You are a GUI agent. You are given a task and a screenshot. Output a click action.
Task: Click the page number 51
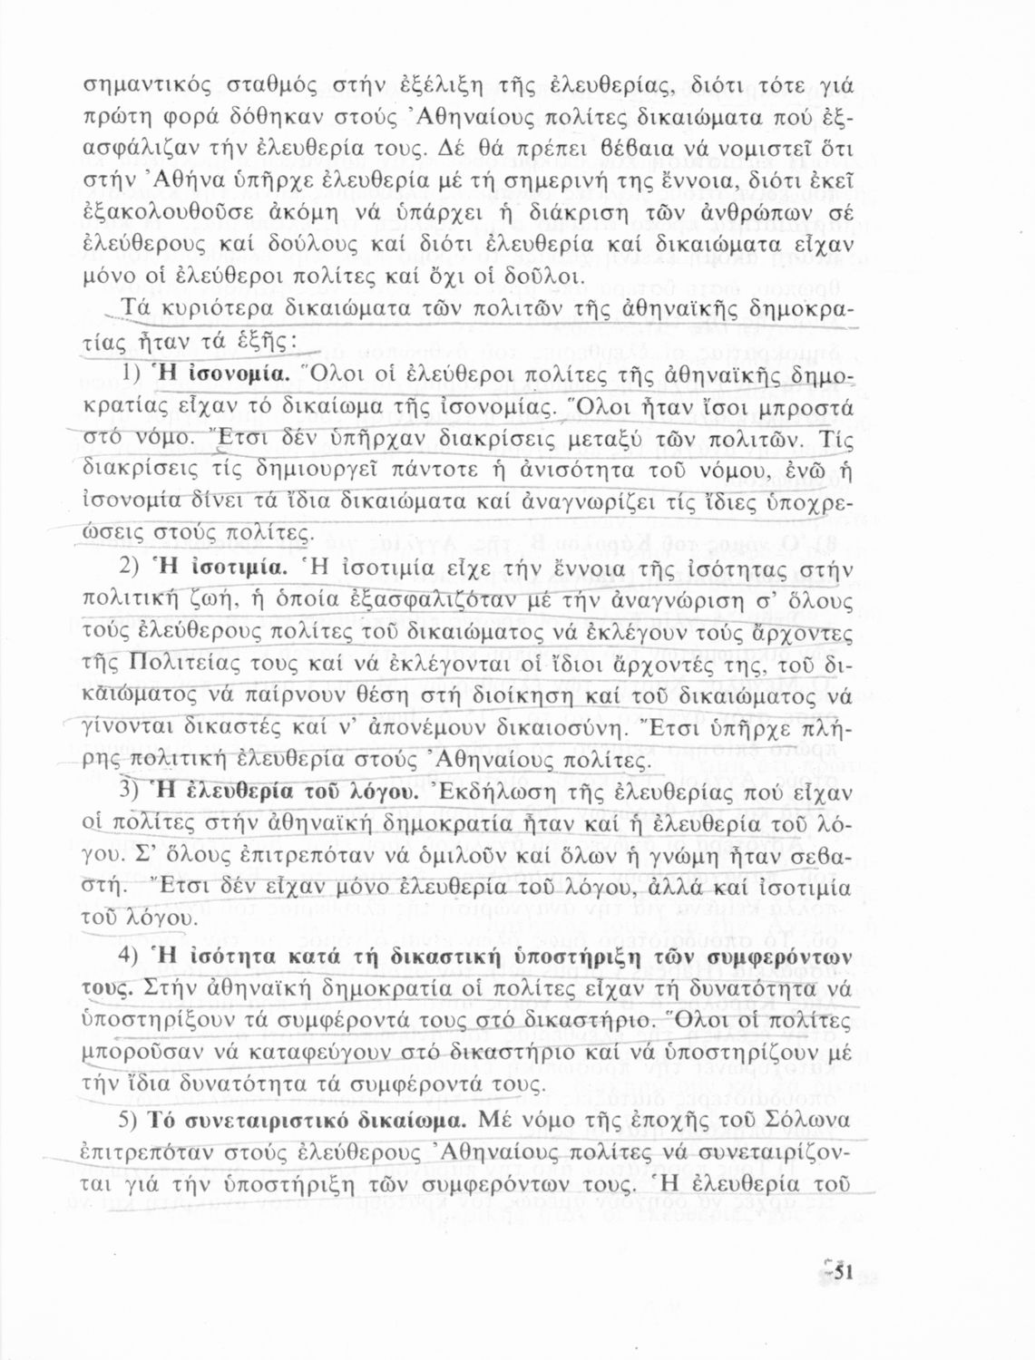pyautogui.click(x=841, y=1273)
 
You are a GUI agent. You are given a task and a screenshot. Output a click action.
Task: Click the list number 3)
pyautogui.click(x=135, y=791)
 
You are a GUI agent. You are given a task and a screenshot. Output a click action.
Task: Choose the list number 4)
pyautogui.click(x=135, y=956)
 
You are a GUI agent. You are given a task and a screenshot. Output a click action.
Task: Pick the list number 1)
pyautogui.click(x=135, y=374)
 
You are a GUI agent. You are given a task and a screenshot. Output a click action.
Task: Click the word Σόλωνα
pyautogui.click(x=808, y=1119)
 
